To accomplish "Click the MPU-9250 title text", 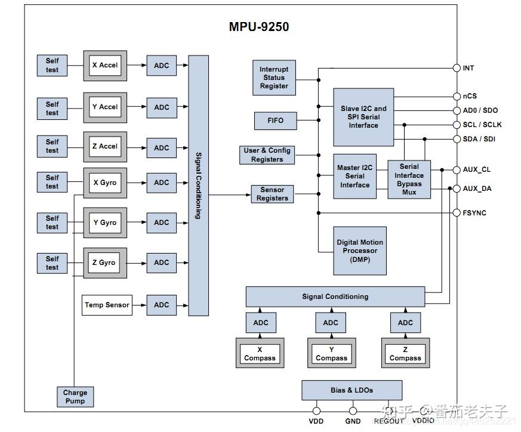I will coord(259,27).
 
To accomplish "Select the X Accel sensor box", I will coord(105,66).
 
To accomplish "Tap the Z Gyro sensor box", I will coord(105,263).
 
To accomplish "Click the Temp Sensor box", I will coord(107,305).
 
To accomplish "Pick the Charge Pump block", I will coord(75,397).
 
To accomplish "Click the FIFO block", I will coord(276,121).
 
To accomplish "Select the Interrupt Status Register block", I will coord(274,78).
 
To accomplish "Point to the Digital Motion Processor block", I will coord(360,251).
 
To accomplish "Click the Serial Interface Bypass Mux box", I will coord(409,179).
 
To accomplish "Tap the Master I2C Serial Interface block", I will coord(354,176).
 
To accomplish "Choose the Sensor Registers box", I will coord(272,194).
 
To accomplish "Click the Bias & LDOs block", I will coord(352,390).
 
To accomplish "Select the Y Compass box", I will coord(331,354).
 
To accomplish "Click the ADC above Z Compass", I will coord(405,323).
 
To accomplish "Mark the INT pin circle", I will coord(457,68).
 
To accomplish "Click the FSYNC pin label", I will coord(474,213).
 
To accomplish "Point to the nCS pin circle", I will coord(457,96).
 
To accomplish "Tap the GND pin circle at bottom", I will coord(353,411).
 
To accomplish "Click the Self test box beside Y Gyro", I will coord(53,223).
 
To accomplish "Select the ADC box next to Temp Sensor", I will coord(162,305).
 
